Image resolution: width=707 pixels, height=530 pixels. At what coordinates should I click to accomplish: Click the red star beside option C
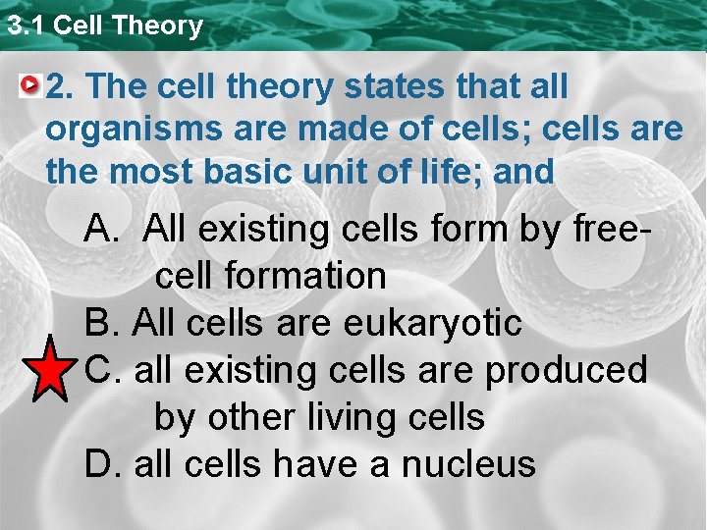click(x=46, y=370)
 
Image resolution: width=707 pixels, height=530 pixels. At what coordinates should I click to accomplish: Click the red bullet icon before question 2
click(x=32, y=86)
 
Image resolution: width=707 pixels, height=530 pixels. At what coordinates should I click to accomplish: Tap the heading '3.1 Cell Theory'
click(x=103, y=25)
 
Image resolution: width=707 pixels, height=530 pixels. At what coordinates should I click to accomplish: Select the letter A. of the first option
click(x=102, y=230)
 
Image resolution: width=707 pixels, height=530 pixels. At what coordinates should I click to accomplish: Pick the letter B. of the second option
click(x=102, y=323)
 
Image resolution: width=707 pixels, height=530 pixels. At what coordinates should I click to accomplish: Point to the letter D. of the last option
click(x=102, y=463)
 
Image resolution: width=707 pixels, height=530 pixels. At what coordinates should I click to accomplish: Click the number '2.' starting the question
click(x=61, y=86)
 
